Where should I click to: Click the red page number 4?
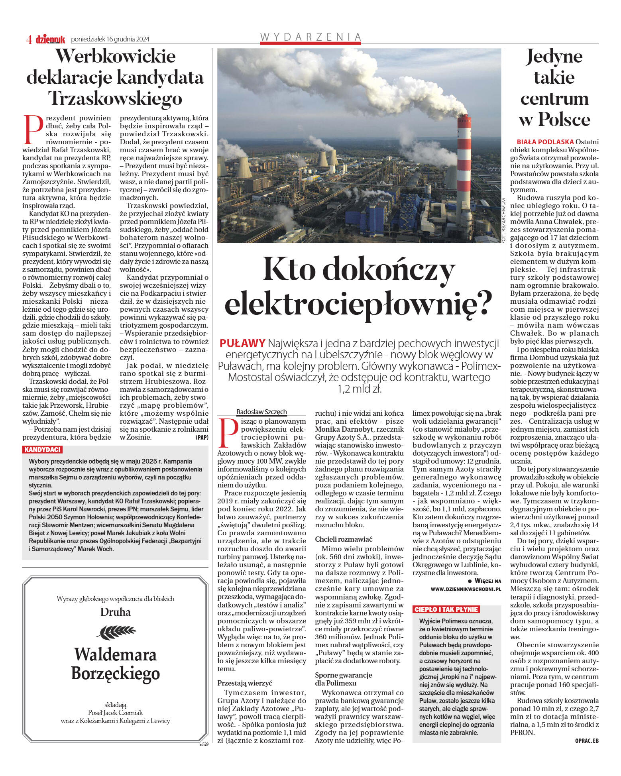click(29, 39)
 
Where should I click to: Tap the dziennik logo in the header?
click(51, 39)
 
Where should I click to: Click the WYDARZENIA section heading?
click(310, 37)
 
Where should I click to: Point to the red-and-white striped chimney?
click(464, 167)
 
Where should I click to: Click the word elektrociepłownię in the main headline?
click(358, 302)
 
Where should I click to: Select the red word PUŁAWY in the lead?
click(242, 343)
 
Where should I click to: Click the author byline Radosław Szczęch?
click(261, 412)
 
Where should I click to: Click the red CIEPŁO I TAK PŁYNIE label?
click(446, 609)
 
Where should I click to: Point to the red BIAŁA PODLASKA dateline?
click(545, 142)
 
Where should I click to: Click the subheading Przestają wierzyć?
click(245, 683)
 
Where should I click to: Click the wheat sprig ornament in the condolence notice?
click(116, 632)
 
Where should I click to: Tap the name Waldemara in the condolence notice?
click(115, 654)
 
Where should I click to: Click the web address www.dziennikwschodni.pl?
click(466, 589)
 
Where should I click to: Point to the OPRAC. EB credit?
click(587, 741)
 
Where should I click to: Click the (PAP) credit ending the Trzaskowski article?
click(202, 437)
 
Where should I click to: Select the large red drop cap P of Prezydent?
click(33, 130)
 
